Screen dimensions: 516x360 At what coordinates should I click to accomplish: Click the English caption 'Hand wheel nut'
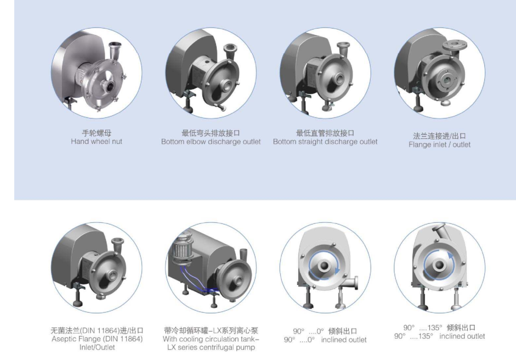pos(97,142)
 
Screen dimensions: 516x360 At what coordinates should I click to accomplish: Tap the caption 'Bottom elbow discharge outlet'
pos(211,142)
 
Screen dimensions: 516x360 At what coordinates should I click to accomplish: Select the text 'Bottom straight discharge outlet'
pos(325,142)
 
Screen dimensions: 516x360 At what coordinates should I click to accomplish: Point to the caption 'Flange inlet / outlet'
pos(439,144)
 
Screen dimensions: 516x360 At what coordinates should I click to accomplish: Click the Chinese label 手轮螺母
pos(97,133)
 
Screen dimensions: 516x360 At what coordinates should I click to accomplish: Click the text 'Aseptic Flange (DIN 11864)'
pos(97,339)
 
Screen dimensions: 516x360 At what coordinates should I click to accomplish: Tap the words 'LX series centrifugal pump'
pos(211,347)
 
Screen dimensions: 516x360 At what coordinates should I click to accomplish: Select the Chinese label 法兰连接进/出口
pos(439,136)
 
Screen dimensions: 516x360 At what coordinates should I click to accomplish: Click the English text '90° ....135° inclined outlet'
pos(439,336)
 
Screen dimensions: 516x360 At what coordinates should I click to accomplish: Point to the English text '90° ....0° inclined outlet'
pos(325,340)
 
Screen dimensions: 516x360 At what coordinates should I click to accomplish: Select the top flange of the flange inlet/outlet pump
pos(455,46)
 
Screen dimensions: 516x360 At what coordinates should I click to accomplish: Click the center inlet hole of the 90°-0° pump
pos(324,266)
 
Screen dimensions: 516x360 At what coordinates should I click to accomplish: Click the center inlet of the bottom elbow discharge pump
pos(228,85)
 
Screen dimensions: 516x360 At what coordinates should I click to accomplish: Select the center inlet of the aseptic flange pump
pos(111,274)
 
